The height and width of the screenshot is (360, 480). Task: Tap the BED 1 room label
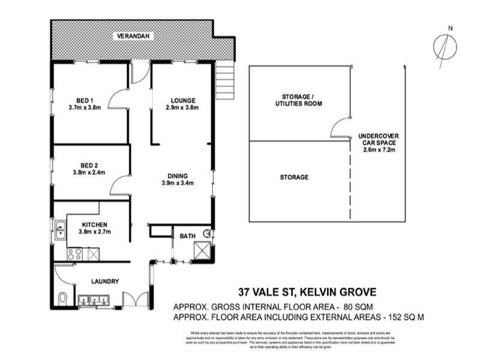85,100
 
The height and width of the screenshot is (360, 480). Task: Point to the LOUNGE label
183,100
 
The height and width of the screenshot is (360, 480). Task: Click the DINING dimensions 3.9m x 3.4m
181,184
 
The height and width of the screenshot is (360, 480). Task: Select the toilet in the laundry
64,298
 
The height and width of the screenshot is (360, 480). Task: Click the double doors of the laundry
133,298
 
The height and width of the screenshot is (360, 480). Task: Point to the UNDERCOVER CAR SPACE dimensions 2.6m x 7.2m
378,151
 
